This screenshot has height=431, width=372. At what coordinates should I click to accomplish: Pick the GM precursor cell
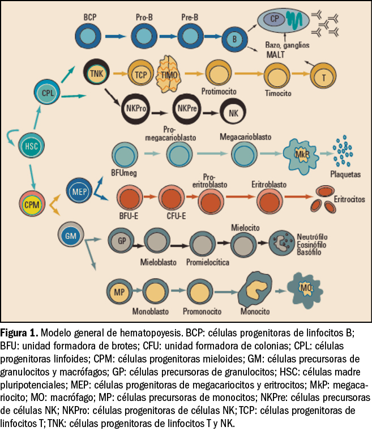point(71,233)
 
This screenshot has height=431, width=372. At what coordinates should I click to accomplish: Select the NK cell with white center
point(233,112)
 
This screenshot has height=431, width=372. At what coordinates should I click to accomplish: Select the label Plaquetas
point(345,174)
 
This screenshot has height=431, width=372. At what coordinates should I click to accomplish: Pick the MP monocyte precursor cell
point(119,292)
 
